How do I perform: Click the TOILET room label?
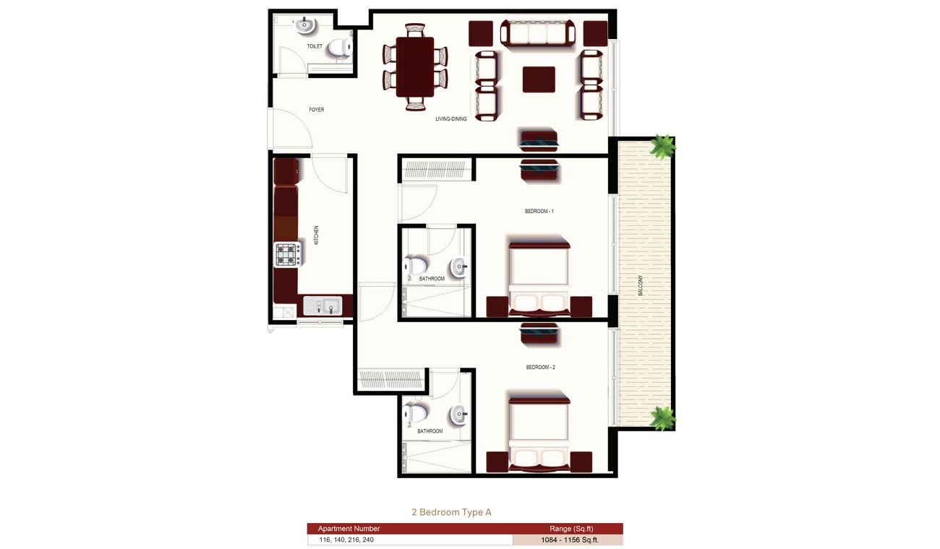click(x=315, y=46)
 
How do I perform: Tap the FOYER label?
click(x=317, y=110)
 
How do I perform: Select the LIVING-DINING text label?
click(x=451, y=119)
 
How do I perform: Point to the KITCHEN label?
click(x=316, y=235)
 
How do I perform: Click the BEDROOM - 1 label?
click(x=539, y=211)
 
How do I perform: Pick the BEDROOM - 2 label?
click(x=540, y=368)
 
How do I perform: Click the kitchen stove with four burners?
click(x=287, y=254)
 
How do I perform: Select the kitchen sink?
click(x=323, y=306)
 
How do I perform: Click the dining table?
click(x=415, y=66)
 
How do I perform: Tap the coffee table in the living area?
click(x=539, y=79)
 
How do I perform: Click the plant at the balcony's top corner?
click(x=662, y=147)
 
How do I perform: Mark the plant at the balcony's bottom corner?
click(x=662, y=418)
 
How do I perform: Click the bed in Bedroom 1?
click(x=539, y=278)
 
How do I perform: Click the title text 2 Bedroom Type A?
click(x=451, y=512)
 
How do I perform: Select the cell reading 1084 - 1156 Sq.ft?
click(x=568, y=540)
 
